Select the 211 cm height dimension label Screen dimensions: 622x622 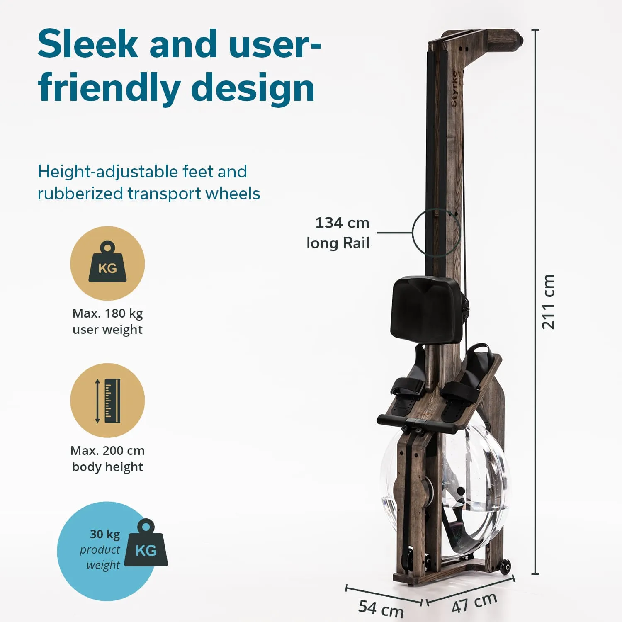548,302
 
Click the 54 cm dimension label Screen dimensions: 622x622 381,608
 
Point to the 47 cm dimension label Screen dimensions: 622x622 474,603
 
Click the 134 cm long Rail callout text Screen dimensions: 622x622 338,233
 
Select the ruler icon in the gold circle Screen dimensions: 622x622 108,401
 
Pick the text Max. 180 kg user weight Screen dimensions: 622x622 107,321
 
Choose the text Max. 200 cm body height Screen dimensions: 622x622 107,458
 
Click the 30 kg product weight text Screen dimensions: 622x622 100,549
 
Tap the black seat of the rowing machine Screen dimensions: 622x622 428,310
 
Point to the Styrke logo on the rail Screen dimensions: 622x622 454,88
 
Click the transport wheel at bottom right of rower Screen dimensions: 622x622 505,567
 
